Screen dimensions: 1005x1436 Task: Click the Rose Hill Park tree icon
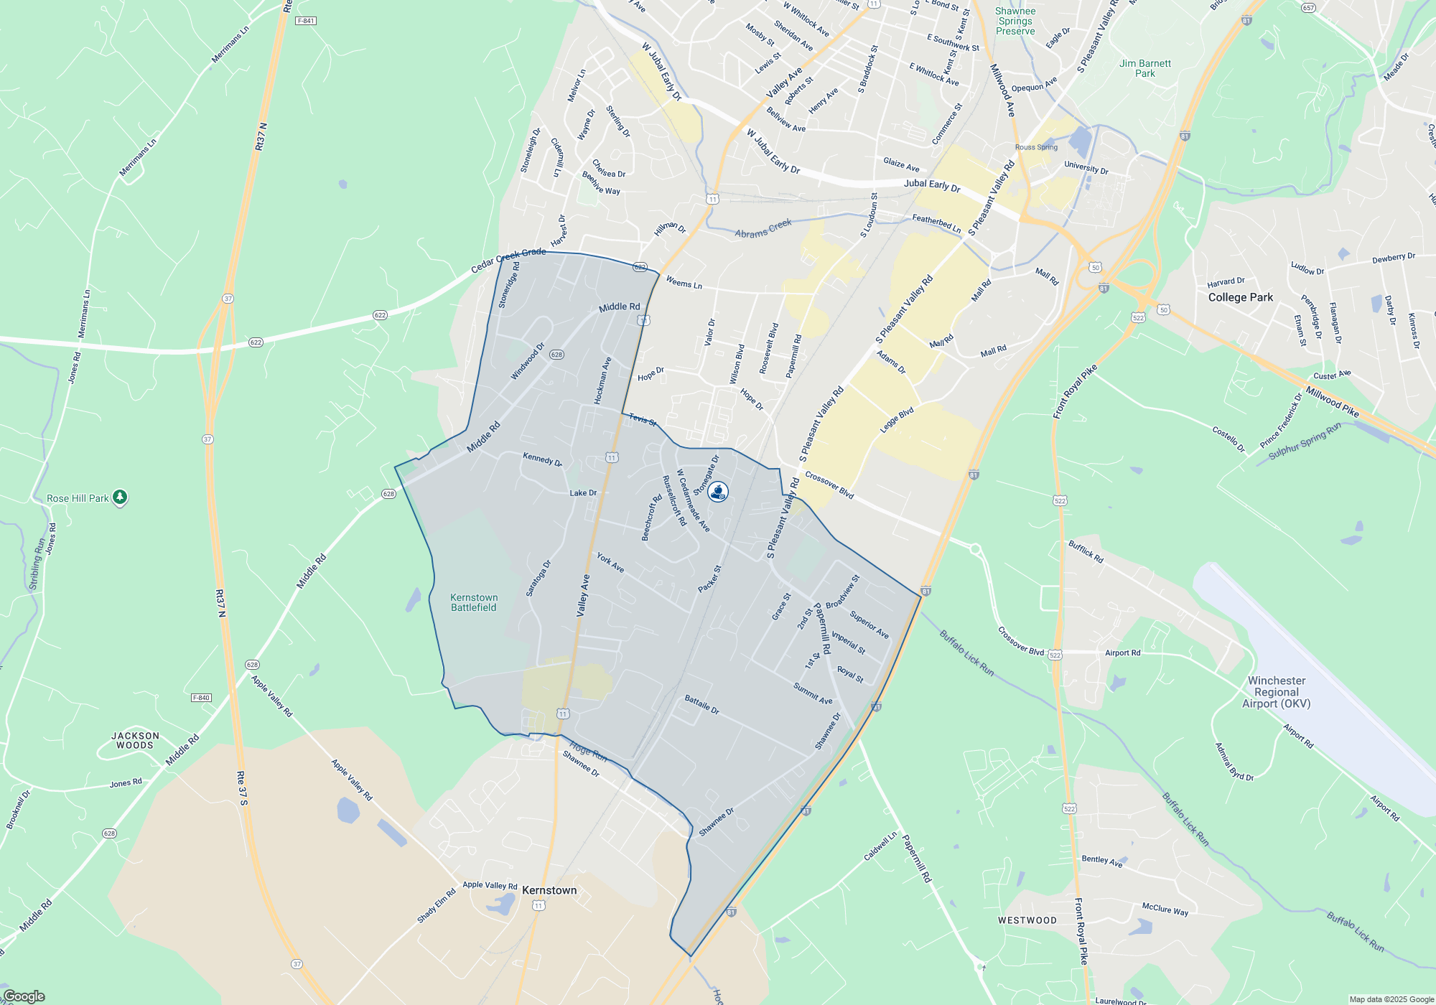click(x=120, y=497)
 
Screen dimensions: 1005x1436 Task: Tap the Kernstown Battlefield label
click(x=474, y=602)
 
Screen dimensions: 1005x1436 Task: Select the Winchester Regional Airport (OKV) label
click(x=1277, y=692)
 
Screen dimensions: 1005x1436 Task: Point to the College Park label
click(x=1240, y=297)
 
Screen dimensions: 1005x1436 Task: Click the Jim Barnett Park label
click(x=1144, y=68)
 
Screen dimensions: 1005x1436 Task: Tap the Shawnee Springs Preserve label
click(x=1015, y=21)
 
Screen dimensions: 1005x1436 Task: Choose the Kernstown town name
click(x=549, y=890)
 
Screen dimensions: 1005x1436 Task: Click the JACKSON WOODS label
click(x=135, y=740)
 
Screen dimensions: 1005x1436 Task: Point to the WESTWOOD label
click(x=1027, y=920)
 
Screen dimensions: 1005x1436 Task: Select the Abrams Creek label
click(x=763, y=229)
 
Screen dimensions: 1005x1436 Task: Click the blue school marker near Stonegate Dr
click(x=718, y=492)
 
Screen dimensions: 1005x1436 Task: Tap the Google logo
click(x=24, y=996)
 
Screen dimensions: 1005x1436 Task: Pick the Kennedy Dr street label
click(x=542, y=459)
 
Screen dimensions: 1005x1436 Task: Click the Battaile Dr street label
click(x=701, y=704)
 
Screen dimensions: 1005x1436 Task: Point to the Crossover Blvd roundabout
click(x=975, y=549)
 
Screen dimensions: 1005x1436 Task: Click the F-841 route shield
click(x=306, y=21)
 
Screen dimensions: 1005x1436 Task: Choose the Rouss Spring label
click(x=1036, y=147)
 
